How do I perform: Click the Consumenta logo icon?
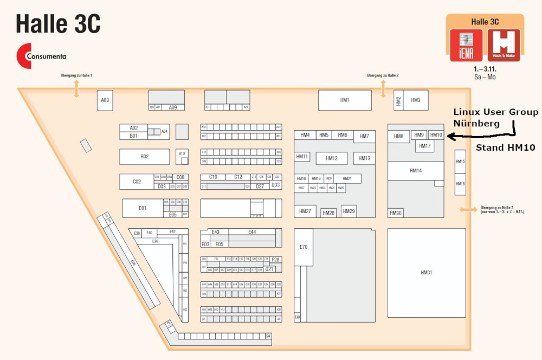point(24,56)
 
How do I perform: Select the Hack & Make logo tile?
point(504,45)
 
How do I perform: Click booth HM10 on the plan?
point(436,135)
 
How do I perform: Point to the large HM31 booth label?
point(427,273)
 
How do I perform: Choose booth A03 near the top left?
point(105,100)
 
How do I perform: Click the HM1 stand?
point(345,100)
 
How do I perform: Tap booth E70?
point(304,247)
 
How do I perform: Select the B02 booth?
point(144,157)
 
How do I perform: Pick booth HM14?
point(416,171)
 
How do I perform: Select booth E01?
point(143,208)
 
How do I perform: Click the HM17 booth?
point(425,146)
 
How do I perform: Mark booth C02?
point(137,182)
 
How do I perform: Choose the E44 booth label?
point(252,232)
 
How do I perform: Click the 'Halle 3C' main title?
point(58,24)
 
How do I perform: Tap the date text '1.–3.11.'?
point(485,69)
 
